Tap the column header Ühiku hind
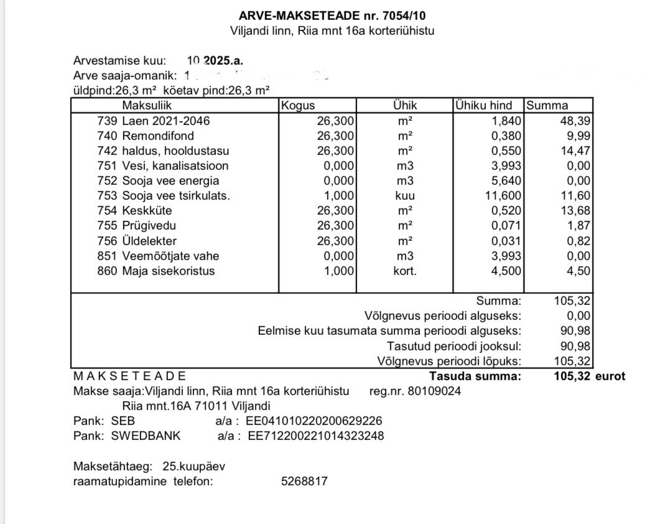(x=483, y=106)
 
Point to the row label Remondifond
(x=158, y=136)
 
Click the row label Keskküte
(x=147, y=210)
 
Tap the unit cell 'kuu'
(x=405, y=195)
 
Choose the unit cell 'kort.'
(x=405, y=271)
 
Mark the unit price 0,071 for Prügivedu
(x=506, y=225)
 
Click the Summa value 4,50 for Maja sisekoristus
(x=579, y=271)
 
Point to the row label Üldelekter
(x=149, y=241)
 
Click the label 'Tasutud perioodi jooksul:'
(x=454, y=346)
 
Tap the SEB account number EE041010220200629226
(x=314, y=421)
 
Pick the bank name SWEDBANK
(x=146, y=436)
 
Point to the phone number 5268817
(x=305, y=481)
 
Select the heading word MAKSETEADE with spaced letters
(x=130, y=376)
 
